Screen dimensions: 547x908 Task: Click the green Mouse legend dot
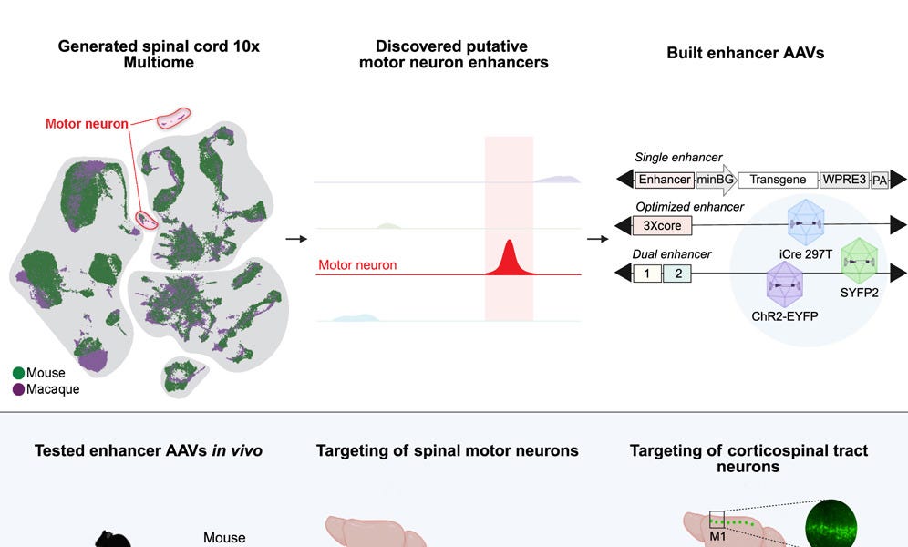coord(18,373)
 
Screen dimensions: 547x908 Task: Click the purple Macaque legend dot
coord(18,389)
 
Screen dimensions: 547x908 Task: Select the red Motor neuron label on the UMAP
coord(88,124)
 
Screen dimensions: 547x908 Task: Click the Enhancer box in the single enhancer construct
coord(665,180)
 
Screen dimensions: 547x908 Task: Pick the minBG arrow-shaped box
coord(716,180)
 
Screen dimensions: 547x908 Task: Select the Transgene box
coord(778,180)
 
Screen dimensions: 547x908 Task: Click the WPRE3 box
coord(844,180)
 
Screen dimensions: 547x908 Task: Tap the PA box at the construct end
coord(880,180)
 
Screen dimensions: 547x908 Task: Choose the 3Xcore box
coord(662,225)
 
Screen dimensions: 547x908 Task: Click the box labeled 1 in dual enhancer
coord(646,273)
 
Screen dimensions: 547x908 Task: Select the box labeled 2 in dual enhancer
coord(677,273)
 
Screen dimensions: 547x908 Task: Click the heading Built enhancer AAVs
coord(745,53)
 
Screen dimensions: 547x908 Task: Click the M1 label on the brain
coord(717,536)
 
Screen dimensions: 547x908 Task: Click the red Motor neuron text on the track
coord(357,265)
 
